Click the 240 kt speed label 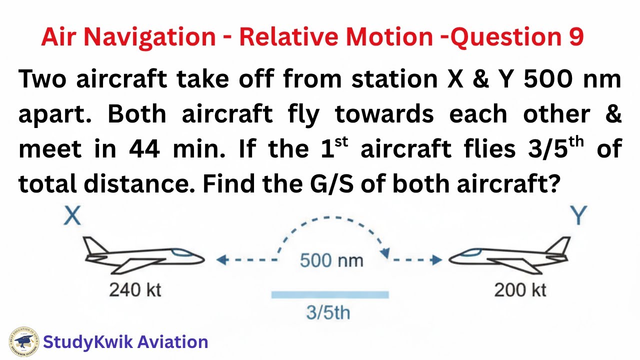pyautogui.click(x=135, y=289)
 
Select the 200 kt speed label pyautogui.click(x=520, y=289)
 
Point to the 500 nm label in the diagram pyautogui.click(x=331, y=260)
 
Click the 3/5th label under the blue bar pyautogui.click(x=328, y=313)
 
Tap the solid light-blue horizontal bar pyautogui.click(x=329, y=295)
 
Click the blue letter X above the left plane pyautogui.click(x=73, y=216)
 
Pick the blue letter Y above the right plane pyautogui.click(x=579, y=216)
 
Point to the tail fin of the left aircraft pyautogui.click(x=92, y=246)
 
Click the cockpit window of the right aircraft pyautogui.click(x=468, y=252)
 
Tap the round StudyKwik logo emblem pyautogui.click(x=23, y=342)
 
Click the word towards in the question pyautogui.click(x=383, y=115)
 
